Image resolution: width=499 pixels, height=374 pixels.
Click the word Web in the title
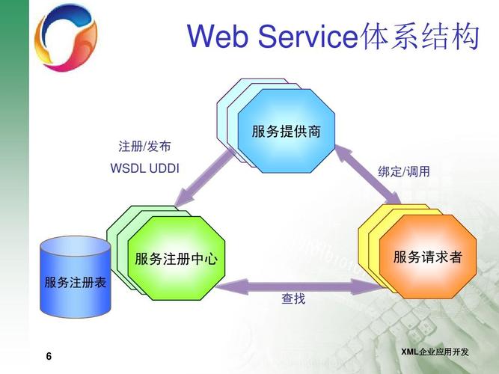click(218, 36)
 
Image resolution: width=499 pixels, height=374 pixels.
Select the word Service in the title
click(307, 36)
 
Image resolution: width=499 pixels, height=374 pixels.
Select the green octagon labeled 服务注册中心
click(176, 258)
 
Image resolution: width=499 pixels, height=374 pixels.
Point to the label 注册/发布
click(144, 147)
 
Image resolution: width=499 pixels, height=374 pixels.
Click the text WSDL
click(128, 168)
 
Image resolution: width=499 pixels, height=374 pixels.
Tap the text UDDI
click(165, 168)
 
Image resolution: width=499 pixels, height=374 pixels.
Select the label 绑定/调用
click(404, 171)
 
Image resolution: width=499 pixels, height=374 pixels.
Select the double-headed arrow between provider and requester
click(367, 174)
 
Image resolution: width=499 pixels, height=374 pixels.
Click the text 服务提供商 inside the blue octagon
click(286, 132)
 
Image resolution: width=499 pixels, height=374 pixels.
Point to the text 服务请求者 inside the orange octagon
click(428, 257)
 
